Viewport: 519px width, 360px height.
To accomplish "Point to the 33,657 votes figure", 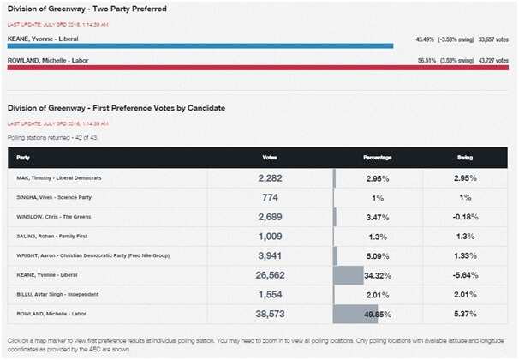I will (x=492, y=39).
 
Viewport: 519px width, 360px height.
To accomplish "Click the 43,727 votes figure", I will (x=492, y=61).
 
